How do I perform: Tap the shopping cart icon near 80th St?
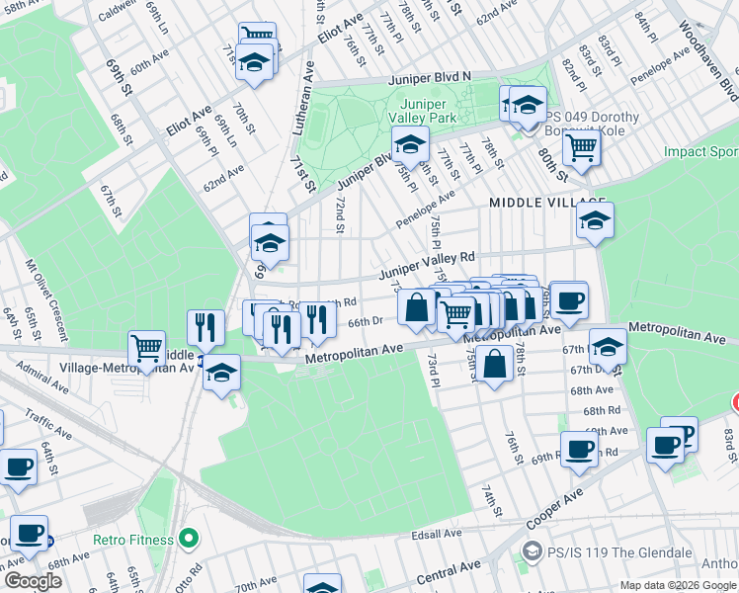[x=582, y=149]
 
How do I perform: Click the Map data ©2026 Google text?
[x=678, y=585]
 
